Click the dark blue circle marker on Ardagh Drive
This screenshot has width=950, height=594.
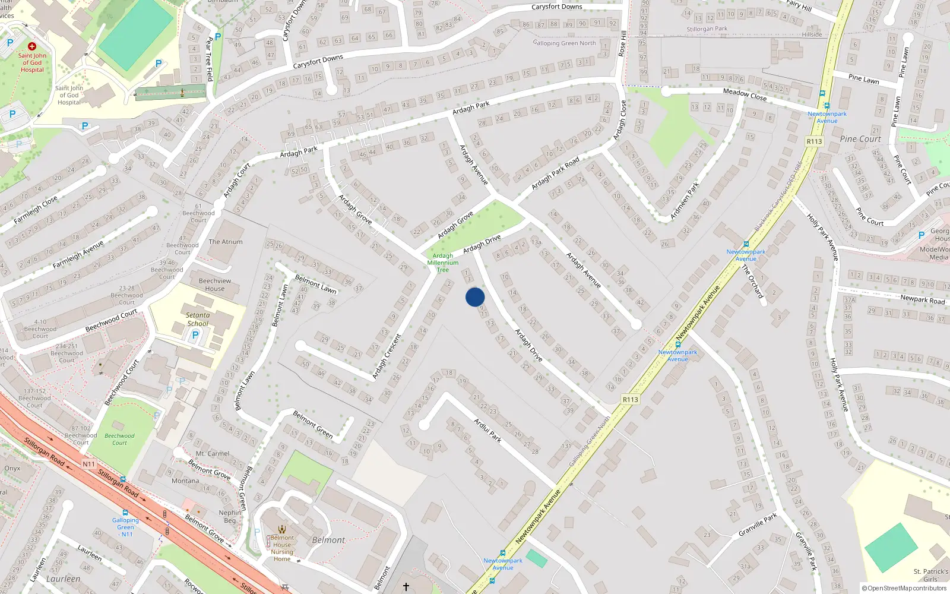click(x=475, y=297)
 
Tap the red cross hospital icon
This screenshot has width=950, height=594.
click(x=32, y=46)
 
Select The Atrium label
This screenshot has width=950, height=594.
click(x=226, y=242)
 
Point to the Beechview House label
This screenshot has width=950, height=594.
click(x=215, y=285)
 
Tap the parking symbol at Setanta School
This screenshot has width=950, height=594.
click(x=195, y=336)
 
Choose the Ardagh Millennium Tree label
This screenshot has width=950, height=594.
click(x=443, y=263)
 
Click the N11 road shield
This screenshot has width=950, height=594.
click(x=88, y=464)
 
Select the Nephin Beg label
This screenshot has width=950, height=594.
click(x=230, y=516)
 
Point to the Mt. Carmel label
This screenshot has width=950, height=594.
click(x=213, y=453)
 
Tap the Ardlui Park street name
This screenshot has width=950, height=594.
click(x=487, y=431)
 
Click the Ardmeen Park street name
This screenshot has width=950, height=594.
click(x=685, y=201)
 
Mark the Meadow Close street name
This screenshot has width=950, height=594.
click(x=745, y=94)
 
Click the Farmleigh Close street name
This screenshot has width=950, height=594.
click(x=36, y=209)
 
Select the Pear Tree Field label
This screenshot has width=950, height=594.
click(x=209, y=59)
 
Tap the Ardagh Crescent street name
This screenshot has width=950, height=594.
click(x=387, y=356)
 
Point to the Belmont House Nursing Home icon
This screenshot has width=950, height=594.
click(x=282, y=529)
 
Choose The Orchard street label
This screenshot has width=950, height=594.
click(x=752, y=281)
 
